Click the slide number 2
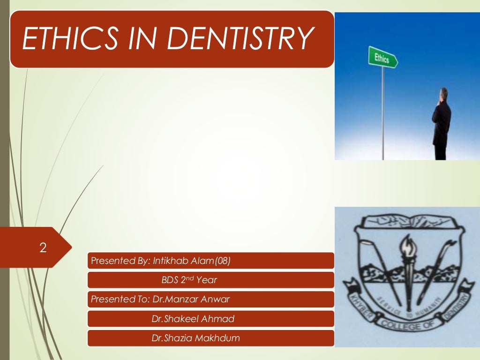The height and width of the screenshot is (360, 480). [x=43, y=248]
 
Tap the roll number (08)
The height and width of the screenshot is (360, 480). [x=222, y=261]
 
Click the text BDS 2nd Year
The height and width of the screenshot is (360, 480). [x=189, y=280]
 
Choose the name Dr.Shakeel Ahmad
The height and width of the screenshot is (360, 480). [x=193, y=319]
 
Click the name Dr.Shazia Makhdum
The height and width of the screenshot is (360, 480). [x=195, y=338]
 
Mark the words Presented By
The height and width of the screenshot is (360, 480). [x=118, y=261]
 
